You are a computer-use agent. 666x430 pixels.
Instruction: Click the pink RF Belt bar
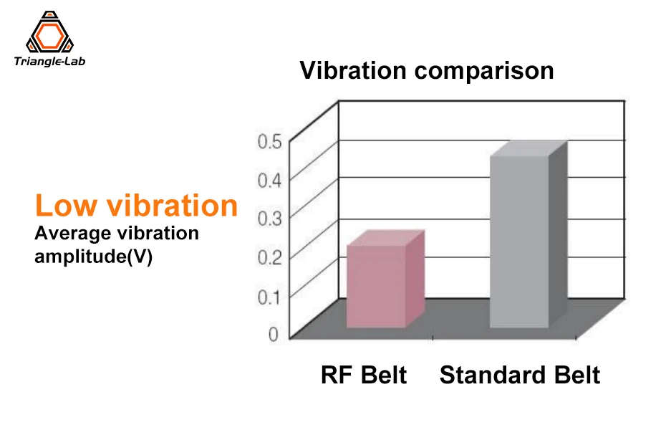(377, 287)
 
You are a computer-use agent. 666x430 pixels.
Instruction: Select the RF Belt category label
(364, 375)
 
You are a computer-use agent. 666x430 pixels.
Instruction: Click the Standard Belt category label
(520, 375)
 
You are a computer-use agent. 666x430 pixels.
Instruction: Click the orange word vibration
(172, 206)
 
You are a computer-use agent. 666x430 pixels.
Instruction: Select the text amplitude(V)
(94, 257)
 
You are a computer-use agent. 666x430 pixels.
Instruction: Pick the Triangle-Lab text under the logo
(49, 62)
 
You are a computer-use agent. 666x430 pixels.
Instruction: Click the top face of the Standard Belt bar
(529, 148)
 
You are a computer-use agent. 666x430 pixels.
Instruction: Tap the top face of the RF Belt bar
(386, 239)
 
